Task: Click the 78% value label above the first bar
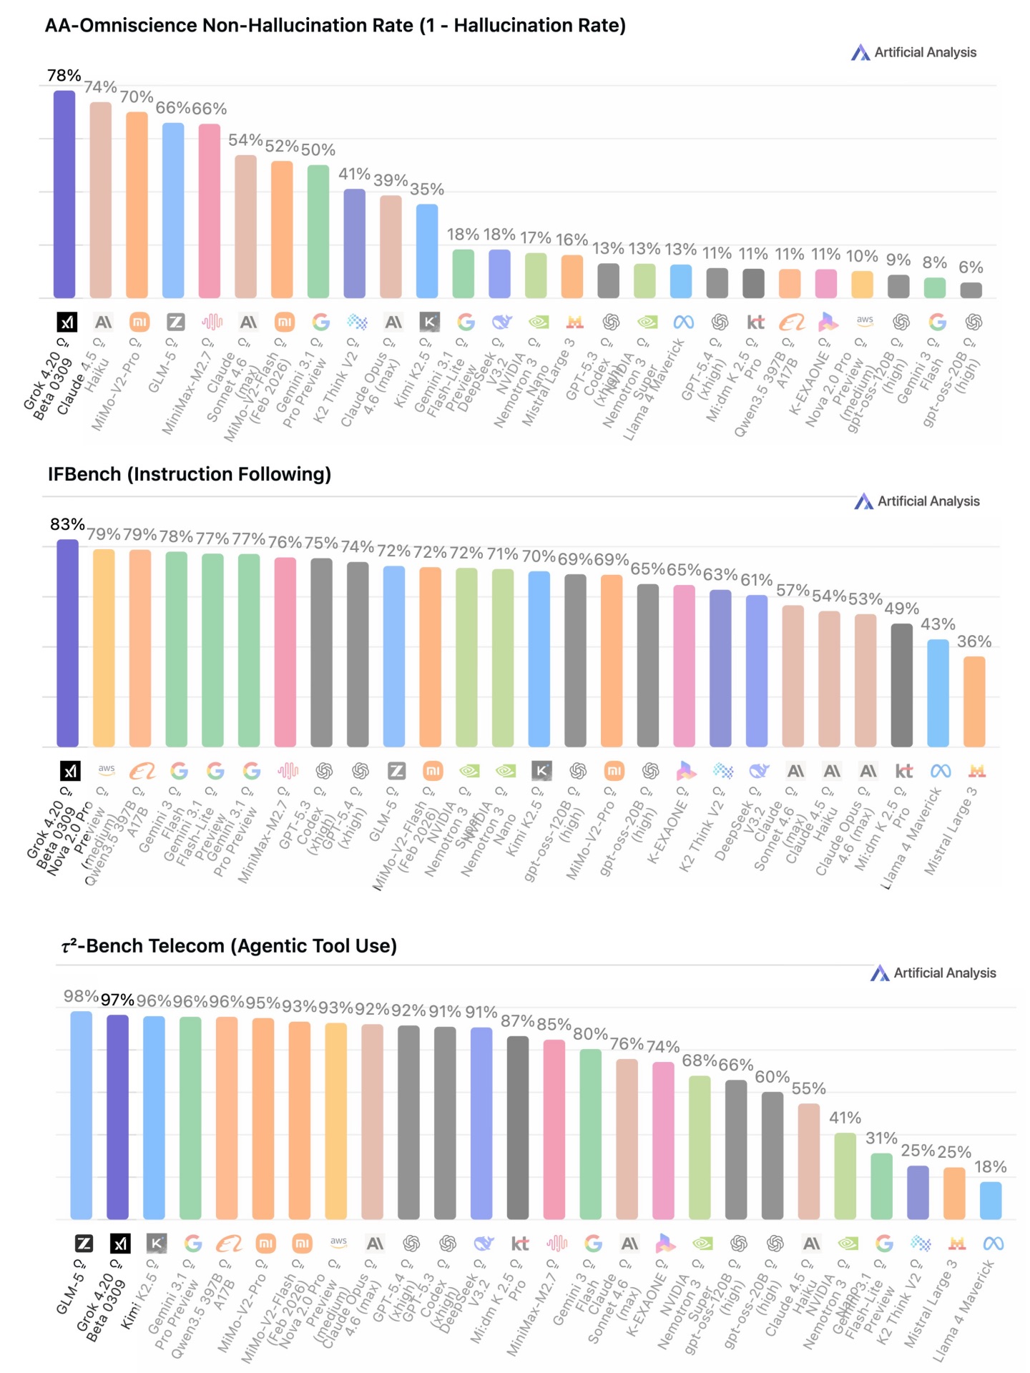(x=64, y=75)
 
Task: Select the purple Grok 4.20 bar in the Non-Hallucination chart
(x=64, y=193)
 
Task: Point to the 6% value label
(x=971, y=267)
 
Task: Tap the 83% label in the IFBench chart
(x=67, y=524)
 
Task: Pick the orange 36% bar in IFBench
(x=974, y=701)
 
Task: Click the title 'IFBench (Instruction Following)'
(x=190, y=474)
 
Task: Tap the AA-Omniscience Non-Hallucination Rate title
(x=335, y=26)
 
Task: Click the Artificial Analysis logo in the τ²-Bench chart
(x=933, y=973)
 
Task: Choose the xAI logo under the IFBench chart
(x=69, y=771)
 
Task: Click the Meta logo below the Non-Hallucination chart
(x=683, y=323)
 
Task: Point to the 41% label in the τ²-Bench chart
(x=845, y=1118)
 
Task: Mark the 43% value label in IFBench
(x=938, y=624)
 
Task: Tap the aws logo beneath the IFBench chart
(x=106, y=769)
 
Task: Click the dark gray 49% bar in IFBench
(x=901, y=684)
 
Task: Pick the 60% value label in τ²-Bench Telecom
(x=772, y=1077)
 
